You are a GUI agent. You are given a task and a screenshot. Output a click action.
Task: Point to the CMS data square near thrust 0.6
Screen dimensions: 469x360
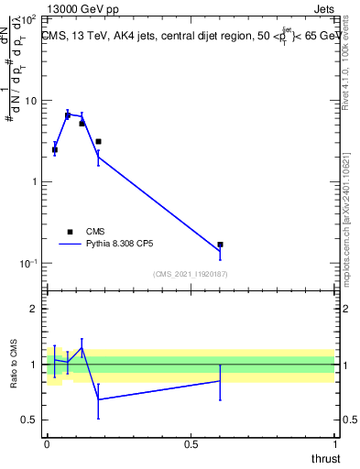pyautogui.click(x=220, y=245)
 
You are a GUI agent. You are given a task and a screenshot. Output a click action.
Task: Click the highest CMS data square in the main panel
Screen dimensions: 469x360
pyautogui.click(x=68, y=115)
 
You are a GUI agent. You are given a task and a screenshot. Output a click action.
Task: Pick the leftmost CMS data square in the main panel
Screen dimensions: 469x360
pyautogui.click(x=54, y=149)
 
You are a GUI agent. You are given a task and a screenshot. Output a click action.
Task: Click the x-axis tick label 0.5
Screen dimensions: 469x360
pyautogui.click(x=191, y=443)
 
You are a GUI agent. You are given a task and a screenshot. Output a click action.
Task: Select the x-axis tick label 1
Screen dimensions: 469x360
pyautogui.click(x=334, y=443)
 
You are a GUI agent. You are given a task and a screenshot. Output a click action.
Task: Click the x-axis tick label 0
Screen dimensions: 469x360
pyautogui.click(x=47, y=443)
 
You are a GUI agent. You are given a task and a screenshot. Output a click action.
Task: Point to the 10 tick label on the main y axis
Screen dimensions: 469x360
pyautogui.click(x=31, y=101)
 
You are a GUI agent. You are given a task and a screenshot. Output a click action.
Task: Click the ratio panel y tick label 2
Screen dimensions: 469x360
pyautogui.click(x=35, y=309)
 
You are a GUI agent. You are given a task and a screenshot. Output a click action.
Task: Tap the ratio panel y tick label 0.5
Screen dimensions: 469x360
pyautogui.click(x=30, y=420)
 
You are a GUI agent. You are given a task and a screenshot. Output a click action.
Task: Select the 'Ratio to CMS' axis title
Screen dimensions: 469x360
pyautogui.click(x=14, y=365)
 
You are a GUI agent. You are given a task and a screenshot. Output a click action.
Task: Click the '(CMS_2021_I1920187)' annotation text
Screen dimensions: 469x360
pyautogui.click(x=191, y=274)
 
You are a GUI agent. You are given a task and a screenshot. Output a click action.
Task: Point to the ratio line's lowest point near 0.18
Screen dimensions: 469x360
pyautogui.click(x=98, y=399)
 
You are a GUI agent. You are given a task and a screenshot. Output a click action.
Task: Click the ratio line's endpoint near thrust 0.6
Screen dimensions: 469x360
pyautogui.click(x=220, y=380)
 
